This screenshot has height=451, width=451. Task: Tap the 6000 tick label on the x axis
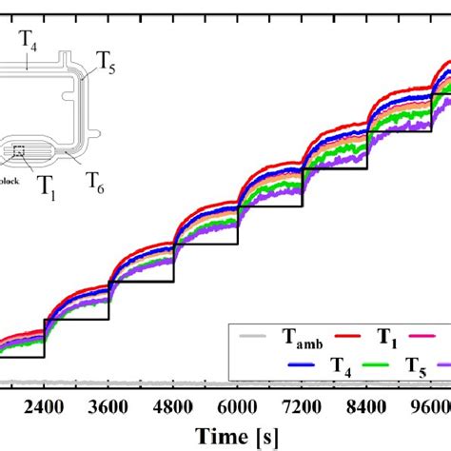point(238,403)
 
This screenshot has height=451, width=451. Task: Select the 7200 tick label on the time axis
point(303,403)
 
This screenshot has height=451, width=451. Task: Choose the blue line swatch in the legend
point(301,363)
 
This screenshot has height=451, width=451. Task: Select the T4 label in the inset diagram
point(28,38)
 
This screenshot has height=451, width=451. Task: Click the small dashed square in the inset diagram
point(19,149)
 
